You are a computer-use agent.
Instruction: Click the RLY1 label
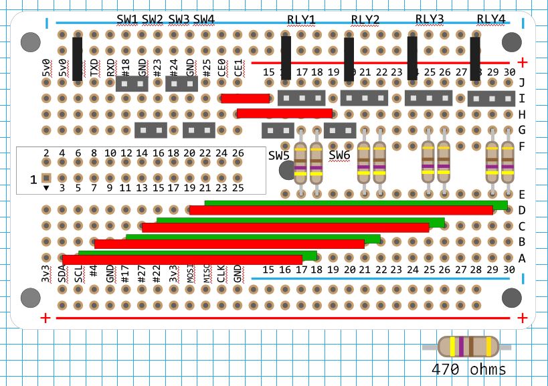coord(300,19)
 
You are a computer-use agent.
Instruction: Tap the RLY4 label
coord(491,19)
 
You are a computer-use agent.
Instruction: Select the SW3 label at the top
coord(179,19)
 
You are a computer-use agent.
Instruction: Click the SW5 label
coord(279,156)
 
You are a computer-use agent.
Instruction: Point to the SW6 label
coord(340,156)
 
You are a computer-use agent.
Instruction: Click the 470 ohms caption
coord(468,369)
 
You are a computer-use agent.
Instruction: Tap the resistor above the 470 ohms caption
coord(468,347)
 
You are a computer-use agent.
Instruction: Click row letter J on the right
coord(522,83)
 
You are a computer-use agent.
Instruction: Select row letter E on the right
coord(522,195)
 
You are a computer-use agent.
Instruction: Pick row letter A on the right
coord(522,258)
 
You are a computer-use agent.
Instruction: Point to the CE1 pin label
coord(238,69)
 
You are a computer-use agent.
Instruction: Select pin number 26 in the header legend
coord(238,153)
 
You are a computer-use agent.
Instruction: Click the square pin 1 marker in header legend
coord(46,178)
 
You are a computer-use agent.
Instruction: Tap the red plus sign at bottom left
coord(45,318)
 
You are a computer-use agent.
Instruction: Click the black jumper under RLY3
coord(412,59)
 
